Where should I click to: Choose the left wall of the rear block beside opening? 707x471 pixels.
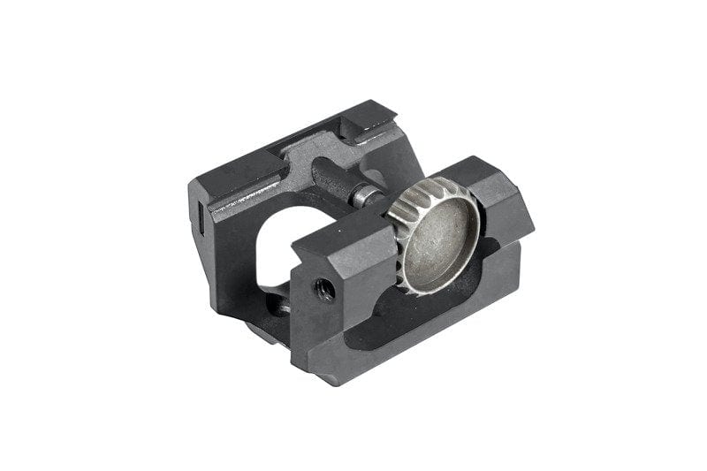[221, 247]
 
